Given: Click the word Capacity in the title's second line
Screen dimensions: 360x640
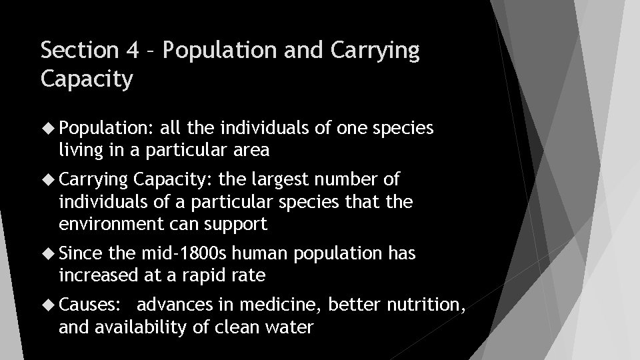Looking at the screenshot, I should [x=87, y=79].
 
